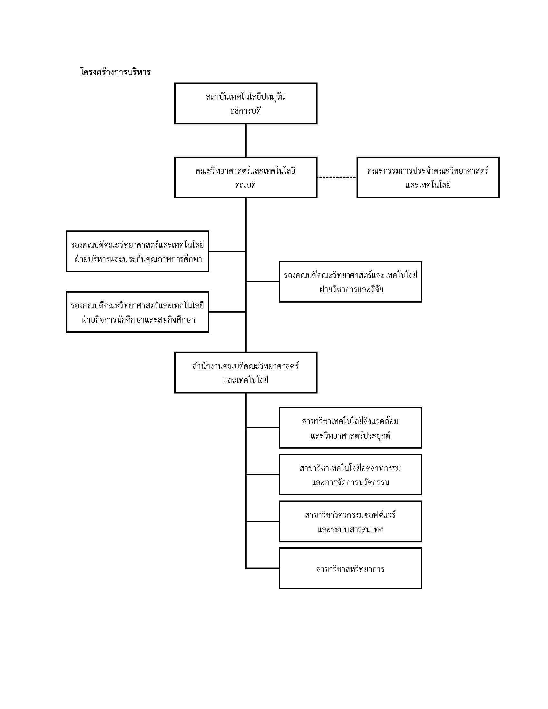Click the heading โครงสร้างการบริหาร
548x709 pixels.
click(x=116, y=72)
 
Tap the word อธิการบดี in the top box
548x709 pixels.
click(x=245, y=111)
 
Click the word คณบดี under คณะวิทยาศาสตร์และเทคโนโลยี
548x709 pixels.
click(x=245, y=185)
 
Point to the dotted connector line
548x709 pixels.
click(x=337, y=177)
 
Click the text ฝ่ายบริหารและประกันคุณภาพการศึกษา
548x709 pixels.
click(x=138, y=259)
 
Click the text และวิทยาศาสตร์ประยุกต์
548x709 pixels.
click(x=350, y=435)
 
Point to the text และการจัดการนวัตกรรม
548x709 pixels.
click(x=350, y=482)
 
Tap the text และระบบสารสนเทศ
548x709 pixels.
click(x=351, y=529)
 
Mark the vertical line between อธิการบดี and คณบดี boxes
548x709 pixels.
click(x=246, y=141)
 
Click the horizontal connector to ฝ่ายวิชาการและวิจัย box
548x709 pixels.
click(x=263, y=281)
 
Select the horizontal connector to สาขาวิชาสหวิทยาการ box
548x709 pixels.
click(x=263, y=568)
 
